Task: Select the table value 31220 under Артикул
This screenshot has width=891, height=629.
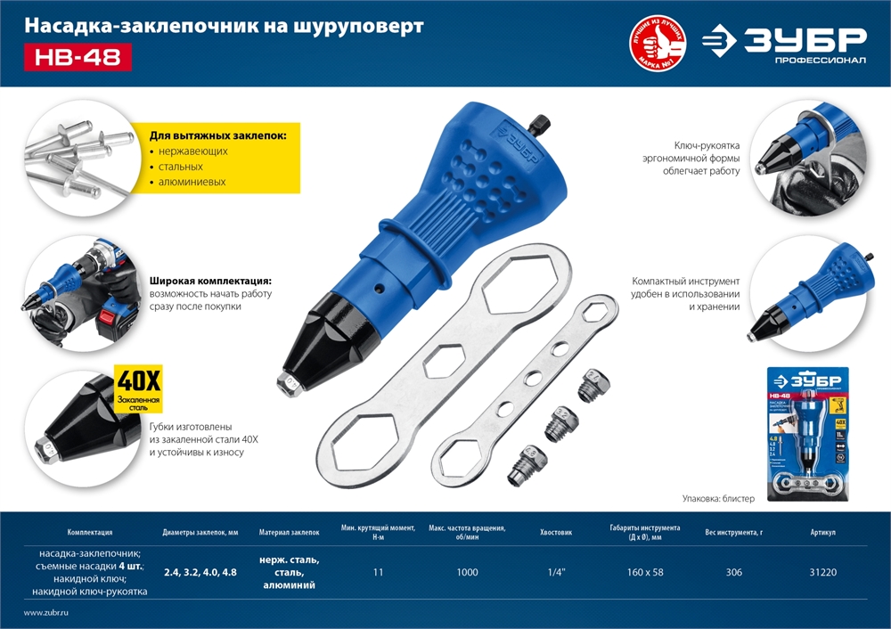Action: pos(822,572)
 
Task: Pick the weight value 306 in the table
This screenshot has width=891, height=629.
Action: pos(733,572)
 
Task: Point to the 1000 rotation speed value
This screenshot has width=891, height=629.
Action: pos(467,572)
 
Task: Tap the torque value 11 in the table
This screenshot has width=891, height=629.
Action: pos(379,572)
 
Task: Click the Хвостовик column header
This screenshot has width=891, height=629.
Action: pos(556,532)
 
